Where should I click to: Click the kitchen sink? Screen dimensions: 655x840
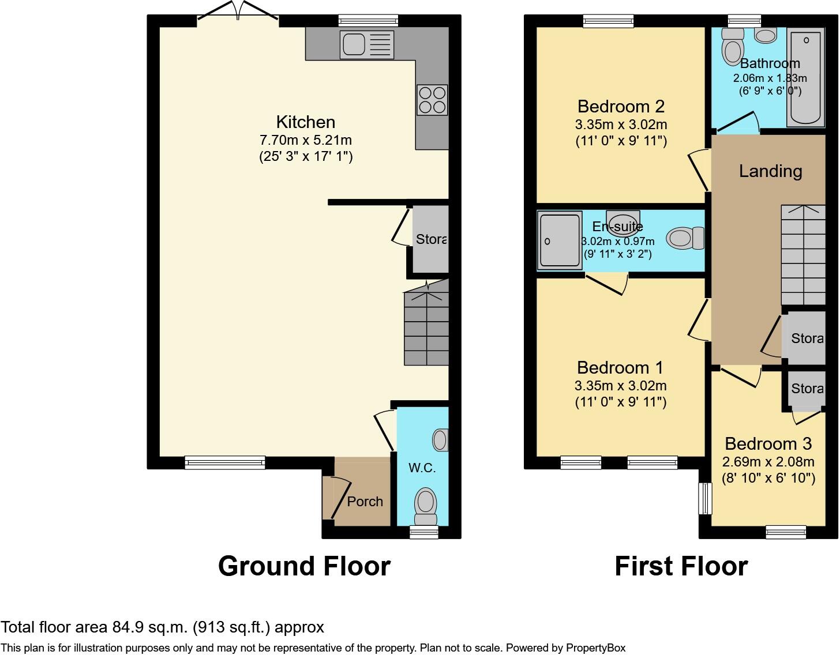pyautogui.click(x=367, y=45)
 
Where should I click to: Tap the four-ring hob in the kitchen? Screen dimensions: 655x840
pyautogui.click(x=432, y=100)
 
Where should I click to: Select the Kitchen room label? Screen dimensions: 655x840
pyautogui.click(x=305, y=122)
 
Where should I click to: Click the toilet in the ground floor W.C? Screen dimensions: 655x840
pyautogui.click(x=426, y=502)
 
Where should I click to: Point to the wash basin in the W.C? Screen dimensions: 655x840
pyautogui.click(x=440, y=440)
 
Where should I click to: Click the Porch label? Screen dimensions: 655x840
pyautogui.click(x=365, y=502)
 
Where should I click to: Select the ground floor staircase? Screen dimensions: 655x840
pyautogui.click(x=426, y=326)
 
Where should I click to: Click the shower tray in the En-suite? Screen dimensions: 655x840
pyautogui.click(x=559, y=241)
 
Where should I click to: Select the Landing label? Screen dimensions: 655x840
pyautogui.click(x=770, y=171)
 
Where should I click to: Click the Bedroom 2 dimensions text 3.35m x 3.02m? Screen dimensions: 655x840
pyautogui.click(x=621, y=125)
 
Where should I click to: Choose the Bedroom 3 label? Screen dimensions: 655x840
pyautogui.click(x=768, y=443)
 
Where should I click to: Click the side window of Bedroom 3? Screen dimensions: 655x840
pyautogui.click(x=705, y=498)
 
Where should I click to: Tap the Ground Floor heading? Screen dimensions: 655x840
pyautogui.click(x=304, y=566)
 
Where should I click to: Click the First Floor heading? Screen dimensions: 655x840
pyautogui.click(x=681, y=566)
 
